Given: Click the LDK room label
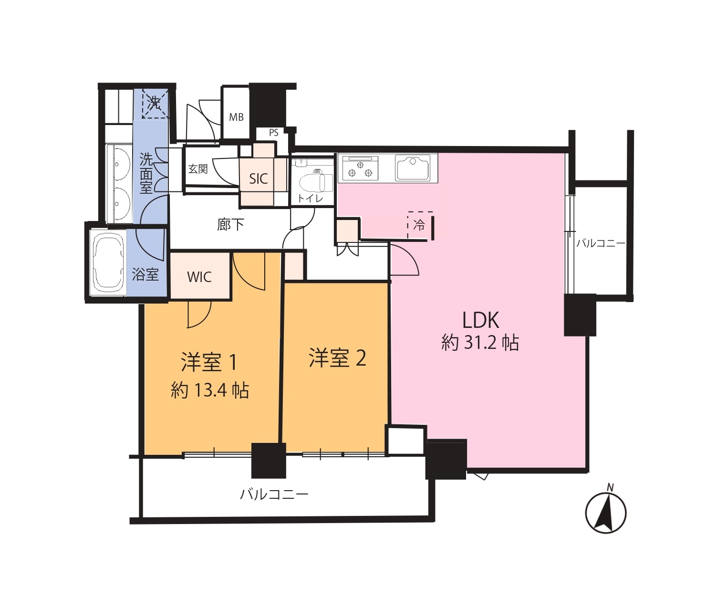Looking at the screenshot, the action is point(480,320).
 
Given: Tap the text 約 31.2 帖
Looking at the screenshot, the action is point(480,343).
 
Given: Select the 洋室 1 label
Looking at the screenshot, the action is point(209,362).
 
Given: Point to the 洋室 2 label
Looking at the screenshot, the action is point(337,358).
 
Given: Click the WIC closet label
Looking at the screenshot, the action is point(199,277).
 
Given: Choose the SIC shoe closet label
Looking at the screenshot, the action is point(259,179).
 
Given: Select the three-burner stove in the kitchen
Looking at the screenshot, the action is point(360,169).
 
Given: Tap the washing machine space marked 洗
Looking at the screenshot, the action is point(155,104).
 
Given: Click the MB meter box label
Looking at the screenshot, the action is point(236,117).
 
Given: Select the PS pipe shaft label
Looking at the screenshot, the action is point(274,133).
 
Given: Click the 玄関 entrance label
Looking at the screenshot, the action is point(198,169).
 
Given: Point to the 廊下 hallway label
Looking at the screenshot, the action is point(230,225).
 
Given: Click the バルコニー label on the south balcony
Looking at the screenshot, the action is point(274,494).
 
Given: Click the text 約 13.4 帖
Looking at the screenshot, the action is point(210,390).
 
